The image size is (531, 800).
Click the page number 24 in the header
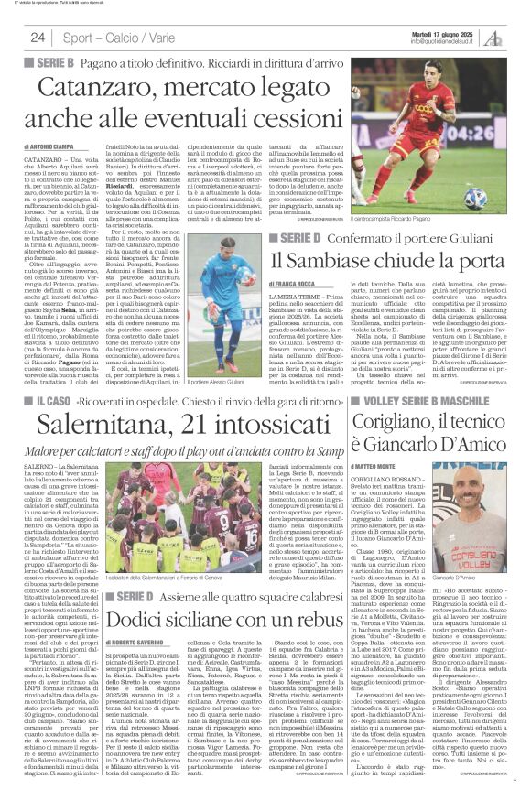tap(38, 38)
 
